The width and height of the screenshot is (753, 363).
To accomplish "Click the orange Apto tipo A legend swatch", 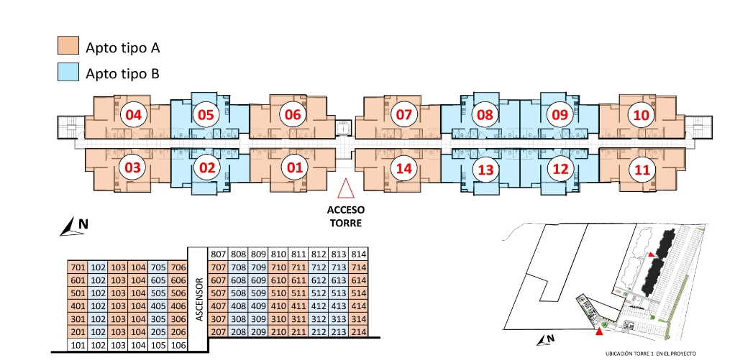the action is pos(68,45).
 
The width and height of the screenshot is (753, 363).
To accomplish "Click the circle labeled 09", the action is pos(560,115).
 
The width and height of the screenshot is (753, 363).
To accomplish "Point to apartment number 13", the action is pos(486,170).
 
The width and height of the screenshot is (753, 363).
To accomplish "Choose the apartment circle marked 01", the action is pos(294,168).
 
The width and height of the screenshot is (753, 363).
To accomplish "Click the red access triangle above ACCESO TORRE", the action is pos(345,189).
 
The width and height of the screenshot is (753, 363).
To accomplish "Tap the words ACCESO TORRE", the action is pos(346,216).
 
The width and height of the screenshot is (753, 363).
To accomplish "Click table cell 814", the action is pos(358,254).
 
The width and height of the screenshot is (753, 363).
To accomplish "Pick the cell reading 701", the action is pos(78,267).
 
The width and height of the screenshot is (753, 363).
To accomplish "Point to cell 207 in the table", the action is pos(217,332).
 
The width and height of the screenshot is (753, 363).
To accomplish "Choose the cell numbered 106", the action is pos(178,345).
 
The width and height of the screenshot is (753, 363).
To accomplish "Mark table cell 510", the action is pos(278,293).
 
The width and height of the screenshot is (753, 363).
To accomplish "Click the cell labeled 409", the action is pos(258,306).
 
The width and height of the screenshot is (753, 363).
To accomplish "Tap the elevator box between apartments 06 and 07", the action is pos(344,129).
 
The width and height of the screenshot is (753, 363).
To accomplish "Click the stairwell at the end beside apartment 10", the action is pos(698,127).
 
